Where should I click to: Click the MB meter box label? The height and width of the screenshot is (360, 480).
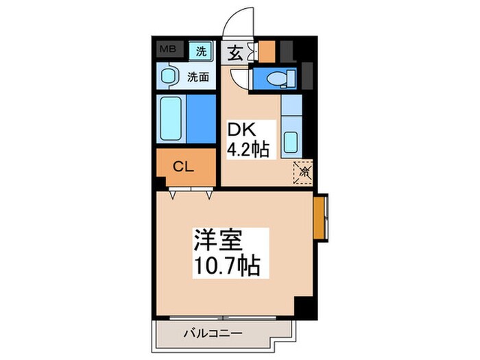[x=167, y=49]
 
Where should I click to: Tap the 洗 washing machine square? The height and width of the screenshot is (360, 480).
[x=201, y=50]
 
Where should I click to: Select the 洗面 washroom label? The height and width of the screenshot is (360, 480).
[x=199, y=77]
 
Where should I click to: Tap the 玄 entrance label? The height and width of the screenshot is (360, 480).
[x=235, y=53]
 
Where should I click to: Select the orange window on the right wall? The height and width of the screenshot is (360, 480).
[x=320, y=217]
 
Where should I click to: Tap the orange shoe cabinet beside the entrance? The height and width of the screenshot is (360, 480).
[x=267, y=52]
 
